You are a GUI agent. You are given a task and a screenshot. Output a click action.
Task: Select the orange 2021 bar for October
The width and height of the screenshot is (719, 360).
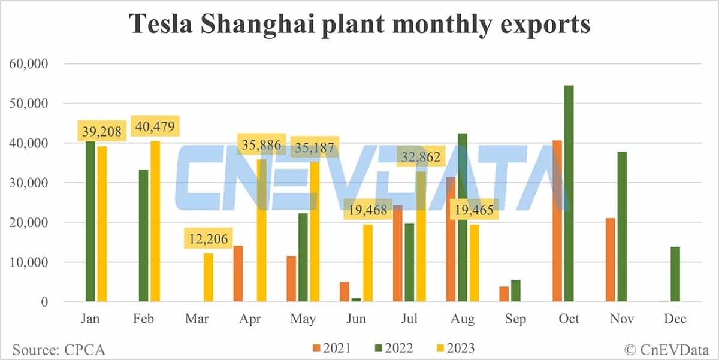[557, 221]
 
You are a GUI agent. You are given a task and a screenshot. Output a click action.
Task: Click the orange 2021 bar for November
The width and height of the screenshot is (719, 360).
[611, 260]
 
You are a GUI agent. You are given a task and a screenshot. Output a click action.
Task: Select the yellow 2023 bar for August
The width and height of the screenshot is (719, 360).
[475, 263]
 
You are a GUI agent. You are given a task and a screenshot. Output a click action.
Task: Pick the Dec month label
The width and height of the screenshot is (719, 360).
[675, 319]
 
